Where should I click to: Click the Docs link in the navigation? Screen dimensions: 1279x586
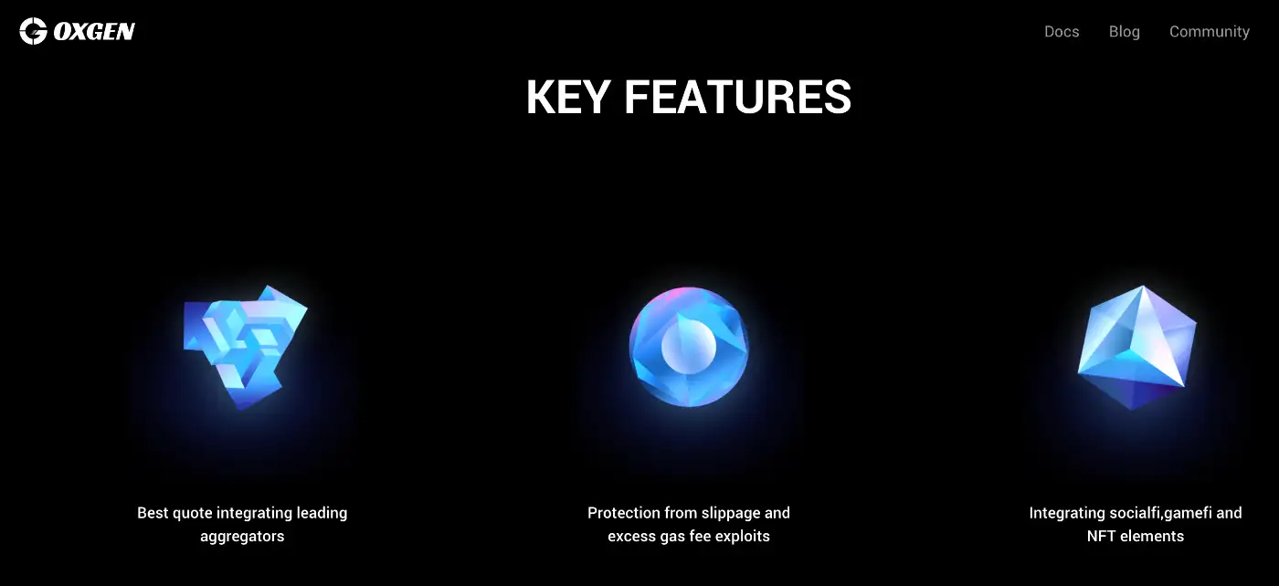point(1062,31)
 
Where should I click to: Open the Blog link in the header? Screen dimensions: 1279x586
point(1125,31)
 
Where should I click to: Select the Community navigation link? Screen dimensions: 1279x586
point(1210,31)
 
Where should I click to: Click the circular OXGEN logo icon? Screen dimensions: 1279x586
point(33,31)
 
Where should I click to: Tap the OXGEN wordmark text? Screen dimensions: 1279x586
point(94,31)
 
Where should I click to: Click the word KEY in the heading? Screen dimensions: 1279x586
point(568,97)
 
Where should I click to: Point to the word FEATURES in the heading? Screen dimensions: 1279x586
point(738,97)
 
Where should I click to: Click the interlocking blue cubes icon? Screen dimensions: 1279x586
point(245,347)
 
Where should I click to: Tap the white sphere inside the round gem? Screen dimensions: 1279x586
point(689,347)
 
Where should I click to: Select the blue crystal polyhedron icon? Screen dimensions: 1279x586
point(1136,347)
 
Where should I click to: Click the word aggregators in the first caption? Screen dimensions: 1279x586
point(242,537)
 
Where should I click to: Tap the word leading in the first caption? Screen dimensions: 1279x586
point(322,513)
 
